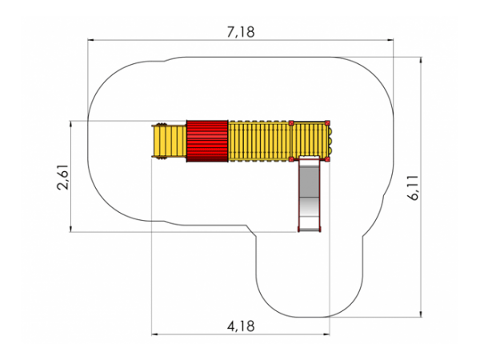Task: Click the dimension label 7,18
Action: (241, 32)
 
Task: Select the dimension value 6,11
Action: (414, 188)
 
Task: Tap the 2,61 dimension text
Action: (63, 177)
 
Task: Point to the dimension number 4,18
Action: (241, 326)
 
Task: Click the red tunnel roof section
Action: (207, 141)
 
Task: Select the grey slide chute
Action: (310, 194)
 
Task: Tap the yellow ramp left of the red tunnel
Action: (170, 141)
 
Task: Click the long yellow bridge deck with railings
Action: (259, 141)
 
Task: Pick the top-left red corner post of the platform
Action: (291, 123)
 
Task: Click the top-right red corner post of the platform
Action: (327, 123)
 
